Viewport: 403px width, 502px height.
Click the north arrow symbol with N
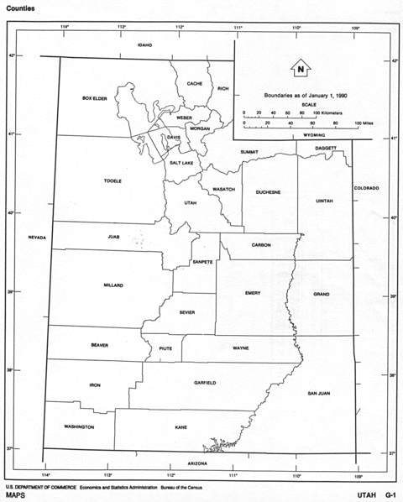pyautogui.click(x=300, y=68)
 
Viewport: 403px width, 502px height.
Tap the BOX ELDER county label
pyautogui.click(x=95, y=98)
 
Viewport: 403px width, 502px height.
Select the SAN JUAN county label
pyautogui.click(x=319, y=393)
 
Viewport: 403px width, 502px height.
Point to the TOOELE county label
pyautogui.click(x=113, y=180)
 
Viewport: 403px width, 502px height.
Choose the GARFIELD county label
pyautogui.click(x=205, y=383)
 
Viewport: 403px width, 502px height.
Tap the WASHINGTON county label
pyautogui.click(x=79, y=426)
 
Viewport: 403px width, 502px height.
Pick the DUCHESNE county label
pyautogui.click(x=269, y=192)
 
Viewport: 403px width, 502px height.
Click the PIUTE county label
pyautogui.click(x=164, y=348)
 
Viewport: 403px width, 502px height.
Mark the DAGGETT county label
pyautogui.click(x=326, y=148)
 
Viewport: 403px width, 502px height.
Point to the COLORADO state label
pyautogui.click(x=367, y=187)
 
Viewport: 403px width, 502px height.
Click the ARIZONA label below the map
pyautogui.click(x=197, y=463)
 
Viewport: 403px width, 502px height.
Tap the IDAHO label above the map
pyautogui.click(x=144, y=44)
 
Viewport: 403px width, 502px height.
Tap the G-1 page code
pyautogui.click(x=390, y=494)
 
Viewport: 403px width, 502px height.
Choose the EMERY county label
pyautogui.click(x=253, y=293)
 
